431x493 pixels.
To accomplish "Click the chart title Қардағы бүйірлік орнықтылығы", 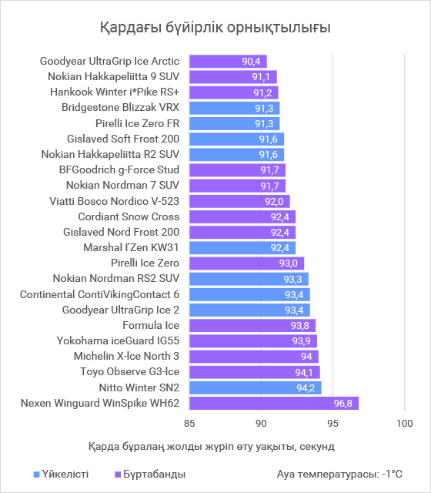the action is point(215,28).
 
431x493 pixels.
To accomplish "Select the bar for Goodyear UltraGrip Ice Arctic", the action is point(228,62).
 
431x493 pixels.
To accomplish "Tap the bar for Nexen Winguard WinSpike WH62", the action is point(274,403).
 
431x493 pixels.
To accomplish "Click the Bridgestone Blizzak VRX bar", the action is point(234,108).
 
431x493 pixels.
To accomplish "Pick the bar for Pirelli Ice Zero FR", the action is point(234,123).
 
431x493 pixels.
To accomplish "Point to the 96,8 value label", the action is point(343,404).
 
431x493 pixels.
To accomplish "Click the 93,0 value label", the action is point(289,263).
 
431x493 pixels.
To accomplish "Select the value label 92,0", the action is point(274,202).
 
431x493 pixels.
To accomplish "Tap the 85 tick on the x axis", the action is point(189,423).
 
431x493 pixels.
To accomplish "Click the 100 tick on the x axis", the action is point(405,423).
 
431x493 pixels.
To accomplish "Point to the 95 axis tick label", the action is point(332,423).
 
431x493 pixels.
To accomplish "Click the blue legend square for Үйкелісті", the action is point(37,475).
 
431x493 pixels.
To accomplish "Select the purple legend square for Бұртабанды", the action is point(118,475).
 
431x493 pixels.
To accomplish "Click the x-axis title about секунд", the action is point(212,447).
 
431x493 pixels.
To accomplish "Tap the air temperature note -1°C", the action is point(339,474).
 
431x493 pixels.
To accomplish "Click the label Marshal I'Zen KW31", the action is point(131,247).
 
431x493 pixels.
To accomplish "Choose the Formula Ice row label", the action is point(151,325).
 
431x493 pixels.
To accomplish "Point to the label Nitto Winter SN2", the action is point(139,387).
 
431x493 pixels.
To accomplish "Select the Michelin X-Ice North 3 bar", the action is point(254,357).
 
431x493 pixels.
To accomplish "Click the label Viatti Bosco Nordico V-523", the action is point(115,201).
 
